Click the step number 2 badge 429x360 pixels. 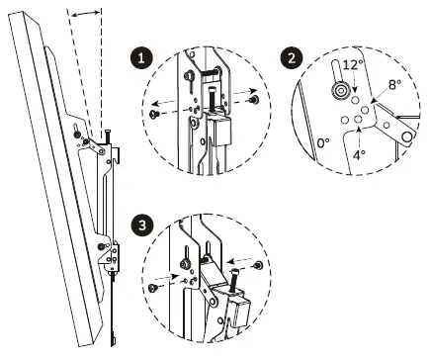coord(291,56)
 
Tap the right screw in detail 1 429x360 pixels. coord(255,99)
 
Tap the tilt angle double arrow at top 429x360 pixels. coord(87,11)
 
